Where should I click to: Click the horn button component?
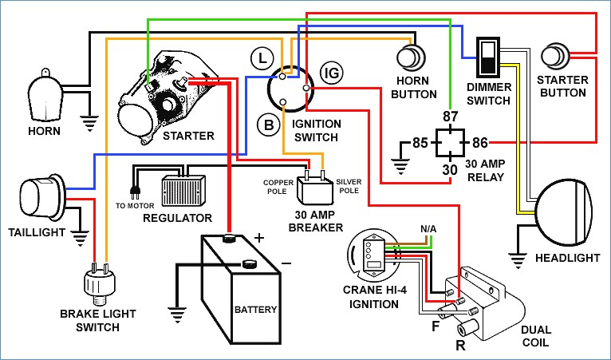(x=411, y=57)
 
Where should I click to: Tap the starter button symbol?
(x=556, y=57)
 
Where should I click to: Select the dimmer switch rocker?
(x=488, y=57)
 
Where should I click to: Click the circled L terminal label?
(x=262, y=58)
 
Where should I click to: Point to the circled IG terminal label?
(x=332, y=73)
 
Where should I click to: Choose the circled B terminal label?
(x=269, y=125)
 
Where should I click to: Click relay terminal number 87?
(x=451, y=117)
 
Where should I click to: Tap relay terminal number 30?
(x=450, y=170)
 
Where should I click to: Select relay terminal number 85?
(x=420, y=143)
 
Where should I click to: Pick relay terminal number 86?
(x=479, y=143)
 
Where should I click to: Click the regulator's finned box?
(x=183, y=190)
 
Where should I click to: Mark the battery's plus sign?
(x=259, y=238)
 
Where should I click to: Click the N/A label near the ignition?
(x=428, y=229)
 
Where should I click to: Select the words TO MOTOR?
(x=135, y=206)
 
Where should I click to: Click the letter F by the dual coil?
(x=436, y=326)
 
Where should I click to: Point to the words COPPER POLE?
(x=278, y=187)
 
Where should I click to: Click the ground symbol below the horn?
(x=90, y=123)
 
